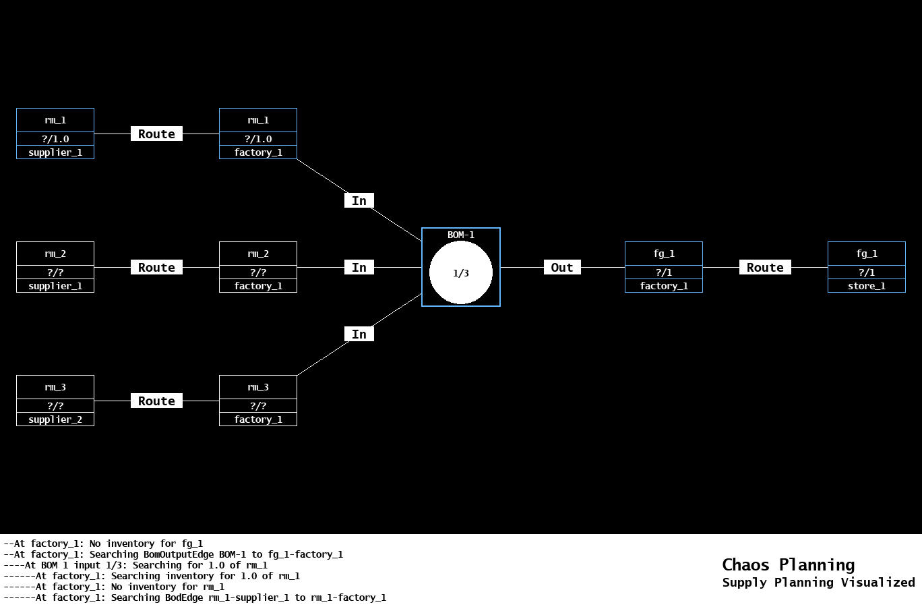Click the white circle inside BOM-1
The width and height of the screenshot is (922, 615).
tap(461, 273)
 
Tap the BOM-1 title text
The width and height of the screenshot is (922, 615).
tap(461, 235)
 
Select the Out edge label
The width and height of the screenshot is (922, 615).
tap(562, 268)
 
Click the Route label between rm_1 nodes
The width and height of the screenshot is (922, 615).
tap(156, 134)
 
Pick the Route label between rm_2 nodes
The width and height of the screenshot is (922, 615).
tap(156, 268)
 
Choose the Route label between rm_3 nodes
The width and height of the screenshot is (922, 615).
tap(156, 401)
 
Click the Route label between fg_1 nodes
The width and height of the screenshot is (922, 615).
tap(765, 268)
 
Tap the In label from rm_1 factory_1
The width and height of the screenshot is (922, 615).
tap(359, 201)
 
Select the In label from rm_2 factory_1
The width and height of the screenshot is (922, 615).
tap(359, 268)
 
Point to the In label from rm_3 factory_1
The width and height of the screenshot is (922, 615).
tap(359, 334)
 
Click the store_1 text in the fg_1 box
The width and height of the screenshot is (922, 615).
tap(866, 286)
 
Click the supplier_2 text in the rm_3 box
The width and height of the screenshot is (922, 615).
tap(55, 419)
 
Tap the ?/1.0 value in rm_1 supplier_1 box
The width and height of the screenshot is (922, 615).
tap(55, 139)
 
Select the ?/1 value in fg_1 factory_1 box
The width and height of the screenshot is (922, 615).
tap(664, 272)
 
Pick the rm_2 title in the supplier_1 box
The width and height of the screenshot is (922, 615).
tap(55, 254)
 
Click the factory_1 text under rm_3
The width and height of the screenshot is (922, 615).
tap(258, 419)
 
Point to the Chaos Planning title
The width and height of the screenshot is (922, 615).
tap(788, 564)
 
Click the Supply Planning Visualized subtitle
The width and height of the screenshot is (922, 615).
tap(818, 583)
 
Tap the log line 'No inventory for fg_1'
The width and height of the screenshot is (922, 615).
tap(103, 544)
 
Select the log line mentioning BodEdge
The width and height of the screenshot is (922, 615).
tap(195, 597)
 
